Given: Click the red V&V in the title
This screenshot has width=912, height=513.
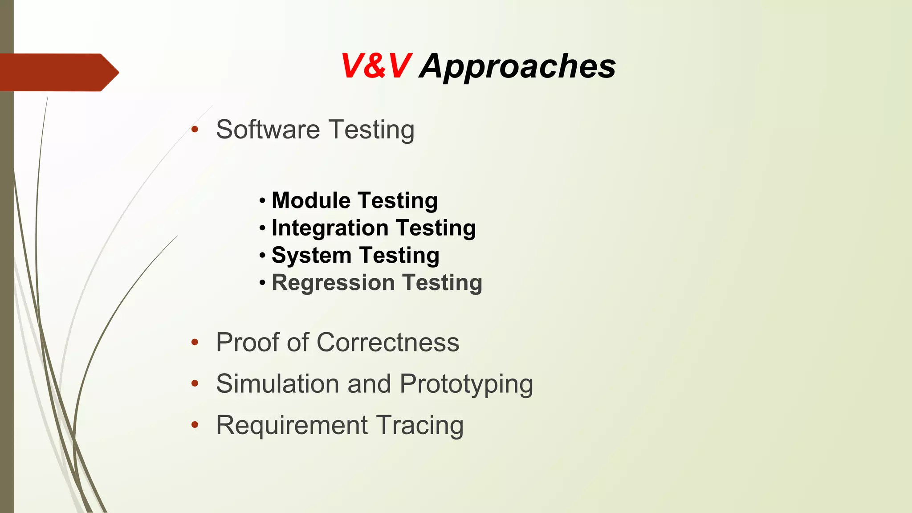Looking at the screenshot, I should (375, 66).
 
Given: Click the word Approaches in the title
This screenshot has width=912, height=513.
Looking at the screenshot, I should (517, 66).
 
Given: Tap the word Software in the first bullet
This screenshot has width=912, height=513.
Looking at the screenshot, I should (268, 130).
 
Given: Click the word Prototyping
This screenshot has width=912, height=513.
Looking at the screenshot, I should (466, 383).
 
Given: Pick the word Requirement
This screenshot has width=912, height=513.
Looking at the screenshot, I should (292, 425).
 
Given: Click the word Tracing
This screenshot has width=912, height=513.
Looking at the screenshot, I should (419, 425).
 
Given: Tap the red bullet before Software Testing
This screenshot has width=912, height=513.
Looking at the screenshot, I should (194, 130).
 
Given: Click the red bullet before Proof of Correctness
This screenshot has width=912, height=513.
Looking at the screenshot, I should (194, 342).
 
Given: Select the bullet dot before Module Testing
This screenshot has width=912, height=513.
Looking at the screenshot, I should (262, 201).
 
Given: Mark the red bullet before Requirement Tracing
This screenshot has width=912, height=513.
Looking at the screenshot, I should (194, 425).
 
